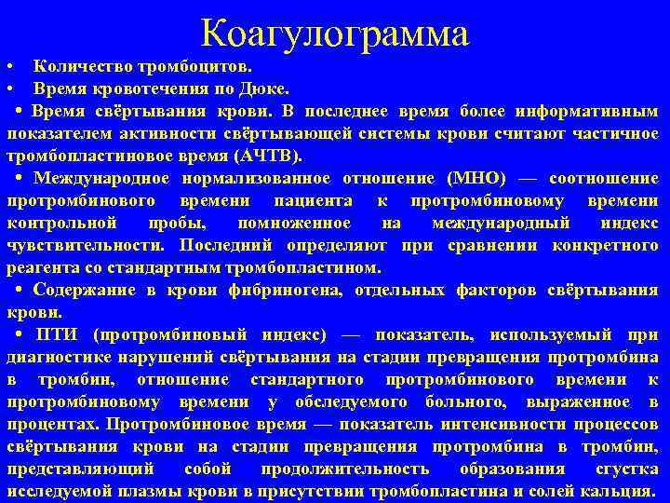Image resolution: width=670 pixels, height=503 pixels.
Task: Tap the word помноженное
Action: pyautogui.click(x=294, y=223)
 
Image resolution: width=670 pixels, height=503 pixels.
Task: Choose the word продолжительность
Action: pyautogui.click(x=345, y=469)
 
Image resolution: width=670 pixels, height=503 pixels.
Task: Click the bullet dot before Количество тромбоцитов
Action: pyautogui.click(x=8, y=68)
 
